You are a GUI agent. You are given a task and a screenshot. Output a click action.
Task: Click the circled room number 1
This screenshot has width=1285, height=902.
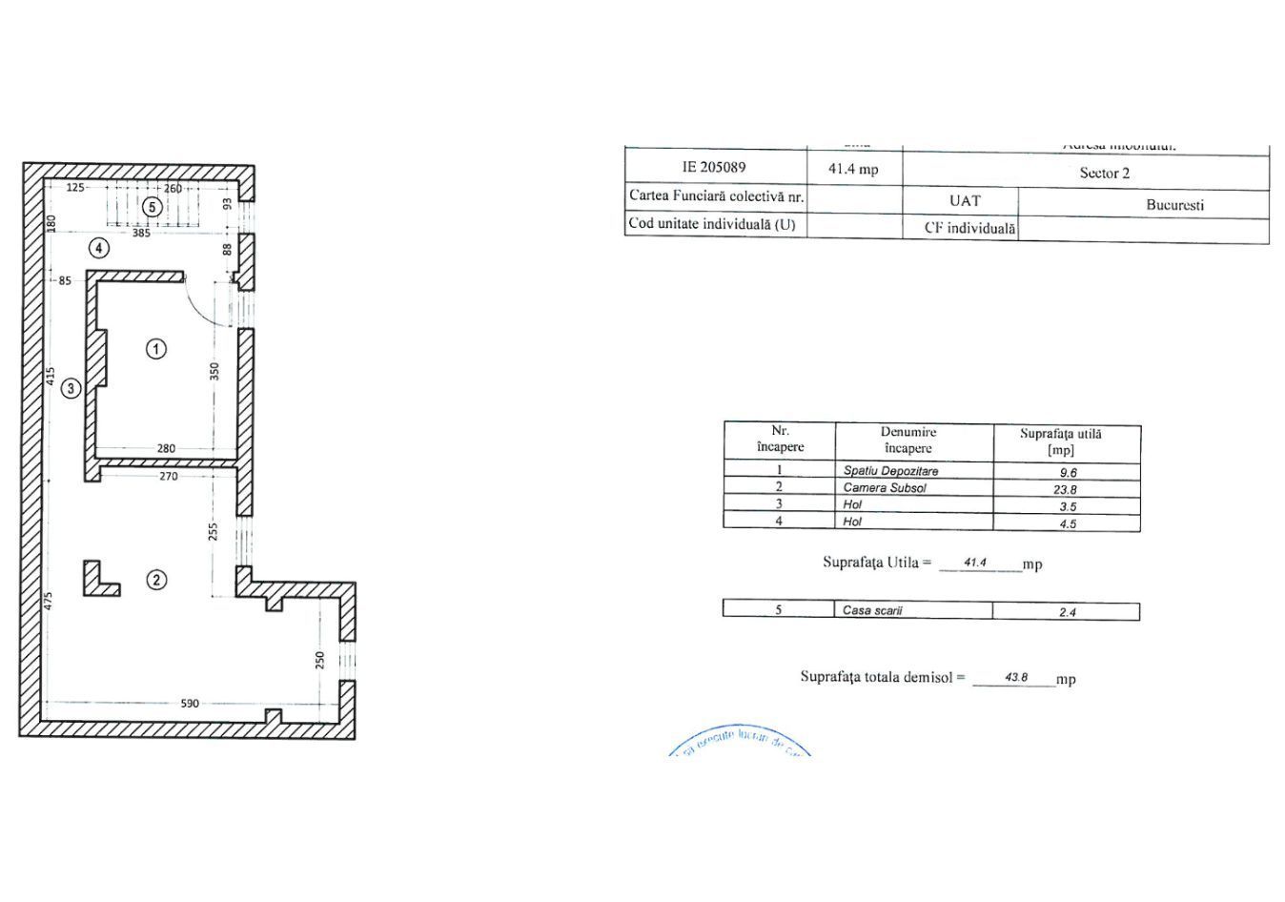click(x=155, y=349)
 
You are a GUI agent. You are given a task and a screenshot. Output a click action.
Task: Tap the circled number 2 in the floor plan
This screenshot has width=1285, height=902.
click(x=156, y=580)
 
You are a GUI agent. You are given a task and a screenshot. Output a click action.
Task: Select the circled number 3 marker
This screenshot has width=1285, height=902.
click(x=71, y=388)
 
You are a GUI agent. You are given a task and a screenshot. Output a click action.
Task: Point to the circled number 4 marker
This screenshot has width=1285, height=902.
click(x=98, y=249)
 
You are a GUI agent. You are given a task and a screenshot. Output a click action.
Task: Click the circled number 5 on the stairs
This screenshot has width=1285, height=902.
click(x=150, y=207)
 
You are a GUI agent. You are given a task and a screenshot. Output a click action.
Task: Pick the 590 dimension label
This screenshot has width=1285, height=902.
click(x=190, y=704)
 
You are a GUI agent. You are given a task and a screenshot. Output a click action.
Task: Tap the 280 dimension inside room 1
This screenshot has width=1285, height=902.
click(x=166, y=448)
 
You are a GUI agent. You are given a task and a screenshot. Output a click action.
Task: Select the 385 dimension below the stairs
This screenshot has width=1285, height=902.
click(x=141, y=233)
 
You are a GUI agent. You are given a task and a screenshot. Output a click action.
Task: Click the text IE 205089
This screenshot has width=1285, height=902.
click(x=714, y=167)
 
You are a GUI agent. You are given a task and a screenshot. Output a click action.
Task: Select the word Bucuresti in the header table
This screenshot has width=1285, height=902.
click(x=1174, y=205)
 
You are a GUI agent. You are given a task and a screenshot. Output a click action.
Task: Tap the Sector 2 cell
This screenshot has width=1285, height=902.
click(x=1104, y=173)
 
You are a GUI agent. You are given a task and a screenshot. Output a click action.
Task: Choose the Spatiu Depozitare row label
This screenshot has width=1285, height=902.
click(x=890, y=471)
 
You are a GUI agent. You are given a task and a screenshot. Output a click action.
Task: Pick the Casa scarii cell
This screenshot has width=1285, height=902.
click(x=872, y=610)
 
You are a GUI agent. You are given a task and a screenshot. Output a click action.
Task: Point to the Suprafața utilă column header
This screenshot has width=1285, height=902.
click(x=1060, y=441)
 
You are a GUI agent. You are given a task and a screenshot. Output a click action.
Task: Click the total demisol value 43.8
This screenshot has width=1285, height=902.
click(x=1015, y=678)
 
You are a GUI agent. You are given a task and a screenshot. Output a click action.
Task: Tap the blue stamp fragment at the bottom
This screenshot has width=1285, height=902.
click(x=739, y=743)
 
